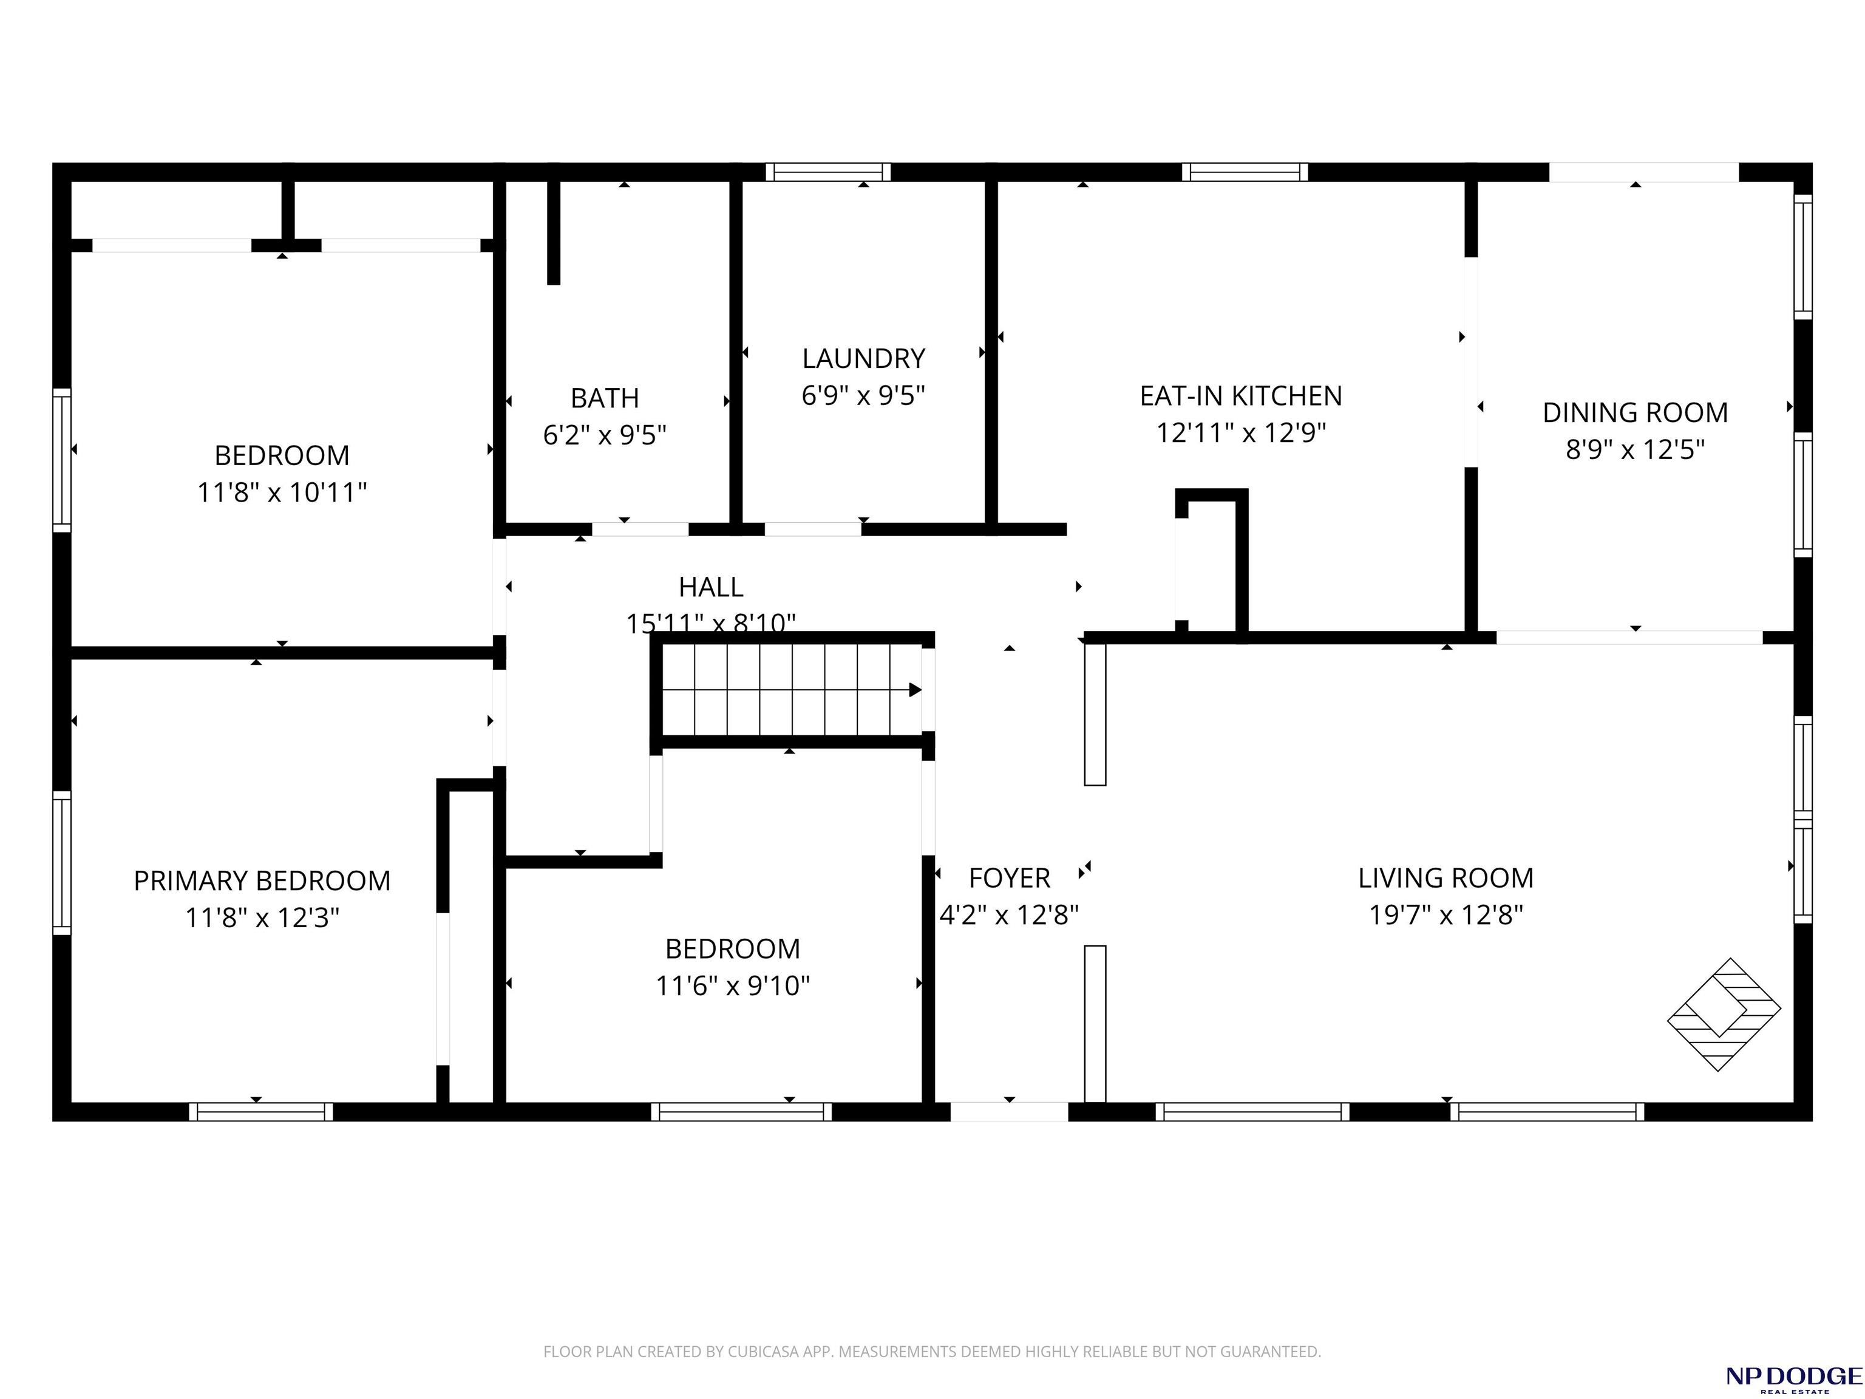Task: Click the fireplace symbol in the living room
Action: pos(1724,1015)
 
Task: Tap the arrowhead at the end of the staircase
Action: pos(915,690)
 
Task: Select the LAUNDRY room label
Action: pos(863,358)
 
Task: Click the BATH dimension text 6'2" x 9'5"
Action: pos(605,435)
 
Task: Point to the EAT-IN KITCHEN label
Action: pos(1240,395)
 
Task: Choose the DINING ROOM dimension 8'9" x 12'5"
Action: pos(1635,449)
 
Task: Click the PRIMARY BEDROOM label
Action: pos(262,880)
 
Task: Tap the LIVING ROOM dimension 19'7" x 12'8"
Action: pos(1446,915)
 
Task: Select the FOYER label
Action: pos(1009,878)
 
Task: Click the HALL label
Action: pos(711,587)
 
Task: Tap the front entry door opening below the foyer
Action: pos(1009,1111)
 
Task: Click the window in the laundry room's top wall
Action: pos(828,172)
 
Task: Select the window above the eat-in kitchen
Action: pos(1245,172)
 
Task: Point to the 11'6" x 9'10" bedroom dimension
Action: pos(733,985)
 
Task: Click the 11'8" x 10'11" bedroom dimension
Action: pos(282,492)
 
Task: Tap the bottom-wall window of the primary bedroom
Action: pos(262,1111)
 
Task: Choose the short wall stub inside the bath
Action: pos(553,233)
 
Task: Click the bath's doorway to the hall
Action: pos(640,529)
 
